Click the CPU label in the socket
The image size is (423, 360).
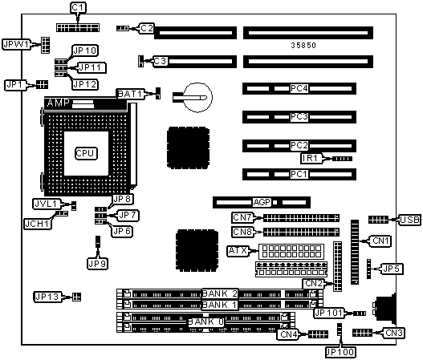[86, 153]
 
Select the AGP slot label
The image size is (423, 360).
[262, 202]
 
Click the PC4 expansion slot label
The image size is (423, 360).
[299, 88]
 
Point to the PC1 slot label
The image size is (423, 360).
[299, 174]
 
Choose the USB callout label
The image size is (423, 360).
[410, 220]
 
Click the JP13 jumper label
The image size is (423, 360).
[47, 297]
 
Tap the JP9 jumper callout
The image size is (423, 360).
[97, 264]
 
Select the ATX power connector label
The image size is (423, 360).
[238, 251]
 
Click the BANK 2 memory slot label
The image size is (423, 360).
[220, 293]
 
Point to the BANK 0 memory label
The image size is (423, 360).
[205, 322]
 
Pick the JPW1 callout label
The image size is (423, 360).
[16, 44]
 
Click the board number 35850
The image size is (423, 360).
[303, 45]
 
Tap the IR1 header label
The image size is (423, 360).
[311, 158]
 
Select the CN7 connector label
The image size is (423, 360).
[242, 217]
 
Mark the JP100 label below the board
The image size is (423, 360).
[340, 352]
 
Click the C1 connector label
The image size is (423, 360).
[78, 7]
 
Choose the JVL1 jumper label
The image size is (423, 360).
[46, 204]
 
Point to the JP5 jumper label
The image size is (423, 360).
[392, 269]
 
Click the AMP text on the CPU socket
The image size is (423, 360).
[59, 103]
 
